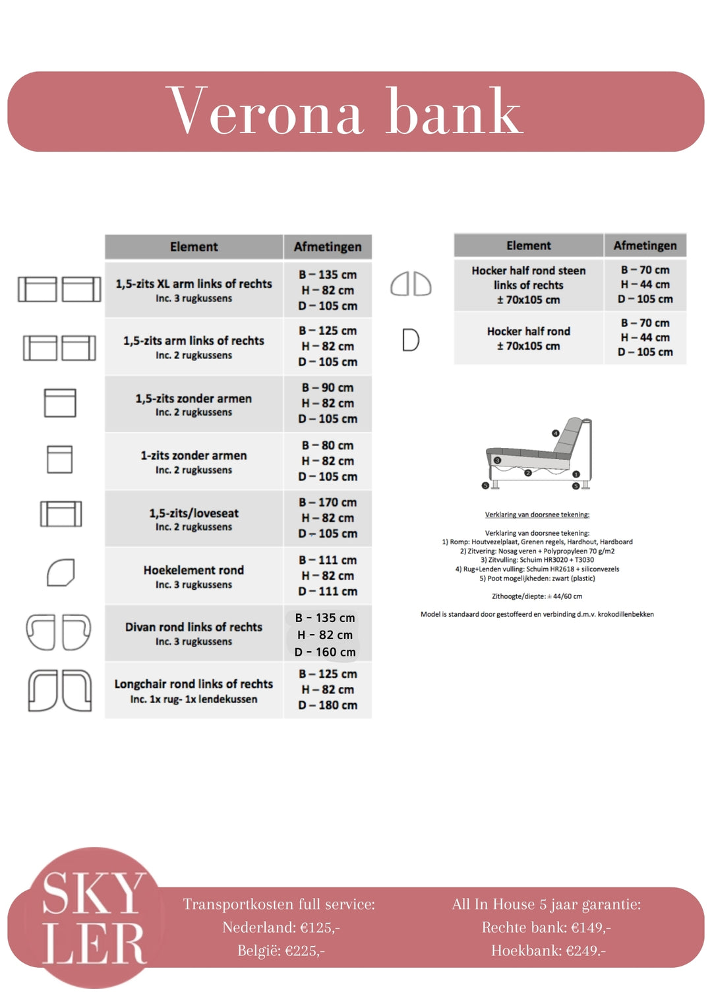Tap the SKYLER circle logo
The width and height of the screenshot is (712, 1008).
tap(95, 917)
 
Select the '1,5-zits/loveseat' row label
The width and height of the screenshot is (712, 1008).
tap(194, 513)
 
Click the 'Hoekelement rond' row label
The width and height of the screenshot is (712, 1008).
tap(194, 570)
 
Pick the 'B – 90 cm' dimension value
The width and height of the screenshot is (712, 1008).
tap(328, 388)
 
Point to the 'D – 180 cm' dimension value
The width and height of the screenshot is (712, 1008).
tap(328, 705)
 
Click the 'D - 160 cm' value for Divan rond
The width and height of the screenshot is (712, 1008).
tap(325, 652)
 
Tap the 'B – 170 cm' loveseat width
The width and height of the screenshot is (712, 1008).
tap(328, 503)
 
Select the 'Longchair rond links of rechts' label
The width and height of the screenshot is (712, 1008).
tap(194, 684)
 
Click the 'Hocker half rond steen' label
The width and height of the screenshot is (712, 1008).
tap(529, 270)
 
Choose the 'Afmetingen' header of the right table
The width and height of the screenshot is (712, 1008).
tap(645, 245)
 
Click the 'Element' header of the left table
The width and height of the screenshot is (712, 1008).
tap(194, 247)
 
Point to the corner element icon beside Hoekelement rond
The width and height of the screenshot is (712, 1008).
tap(61, 573)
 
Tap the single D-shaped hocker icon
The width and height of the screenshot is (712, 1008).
tap(411, 340)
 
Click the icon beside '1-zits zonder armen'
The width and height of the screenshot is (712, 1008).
tap(59, 459)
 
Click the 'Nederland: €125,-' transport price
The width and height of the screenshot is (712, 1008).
tap(281, 928)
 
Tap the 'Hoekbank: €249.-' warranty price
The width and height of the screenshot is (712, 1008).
tap(548, 951)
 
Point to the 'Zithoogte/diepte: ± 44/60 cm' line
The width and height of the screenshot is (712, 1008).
tap(537, 596)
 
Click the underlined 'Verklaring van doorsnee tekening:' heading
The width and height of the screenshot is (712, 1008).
tap(537, 515)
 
